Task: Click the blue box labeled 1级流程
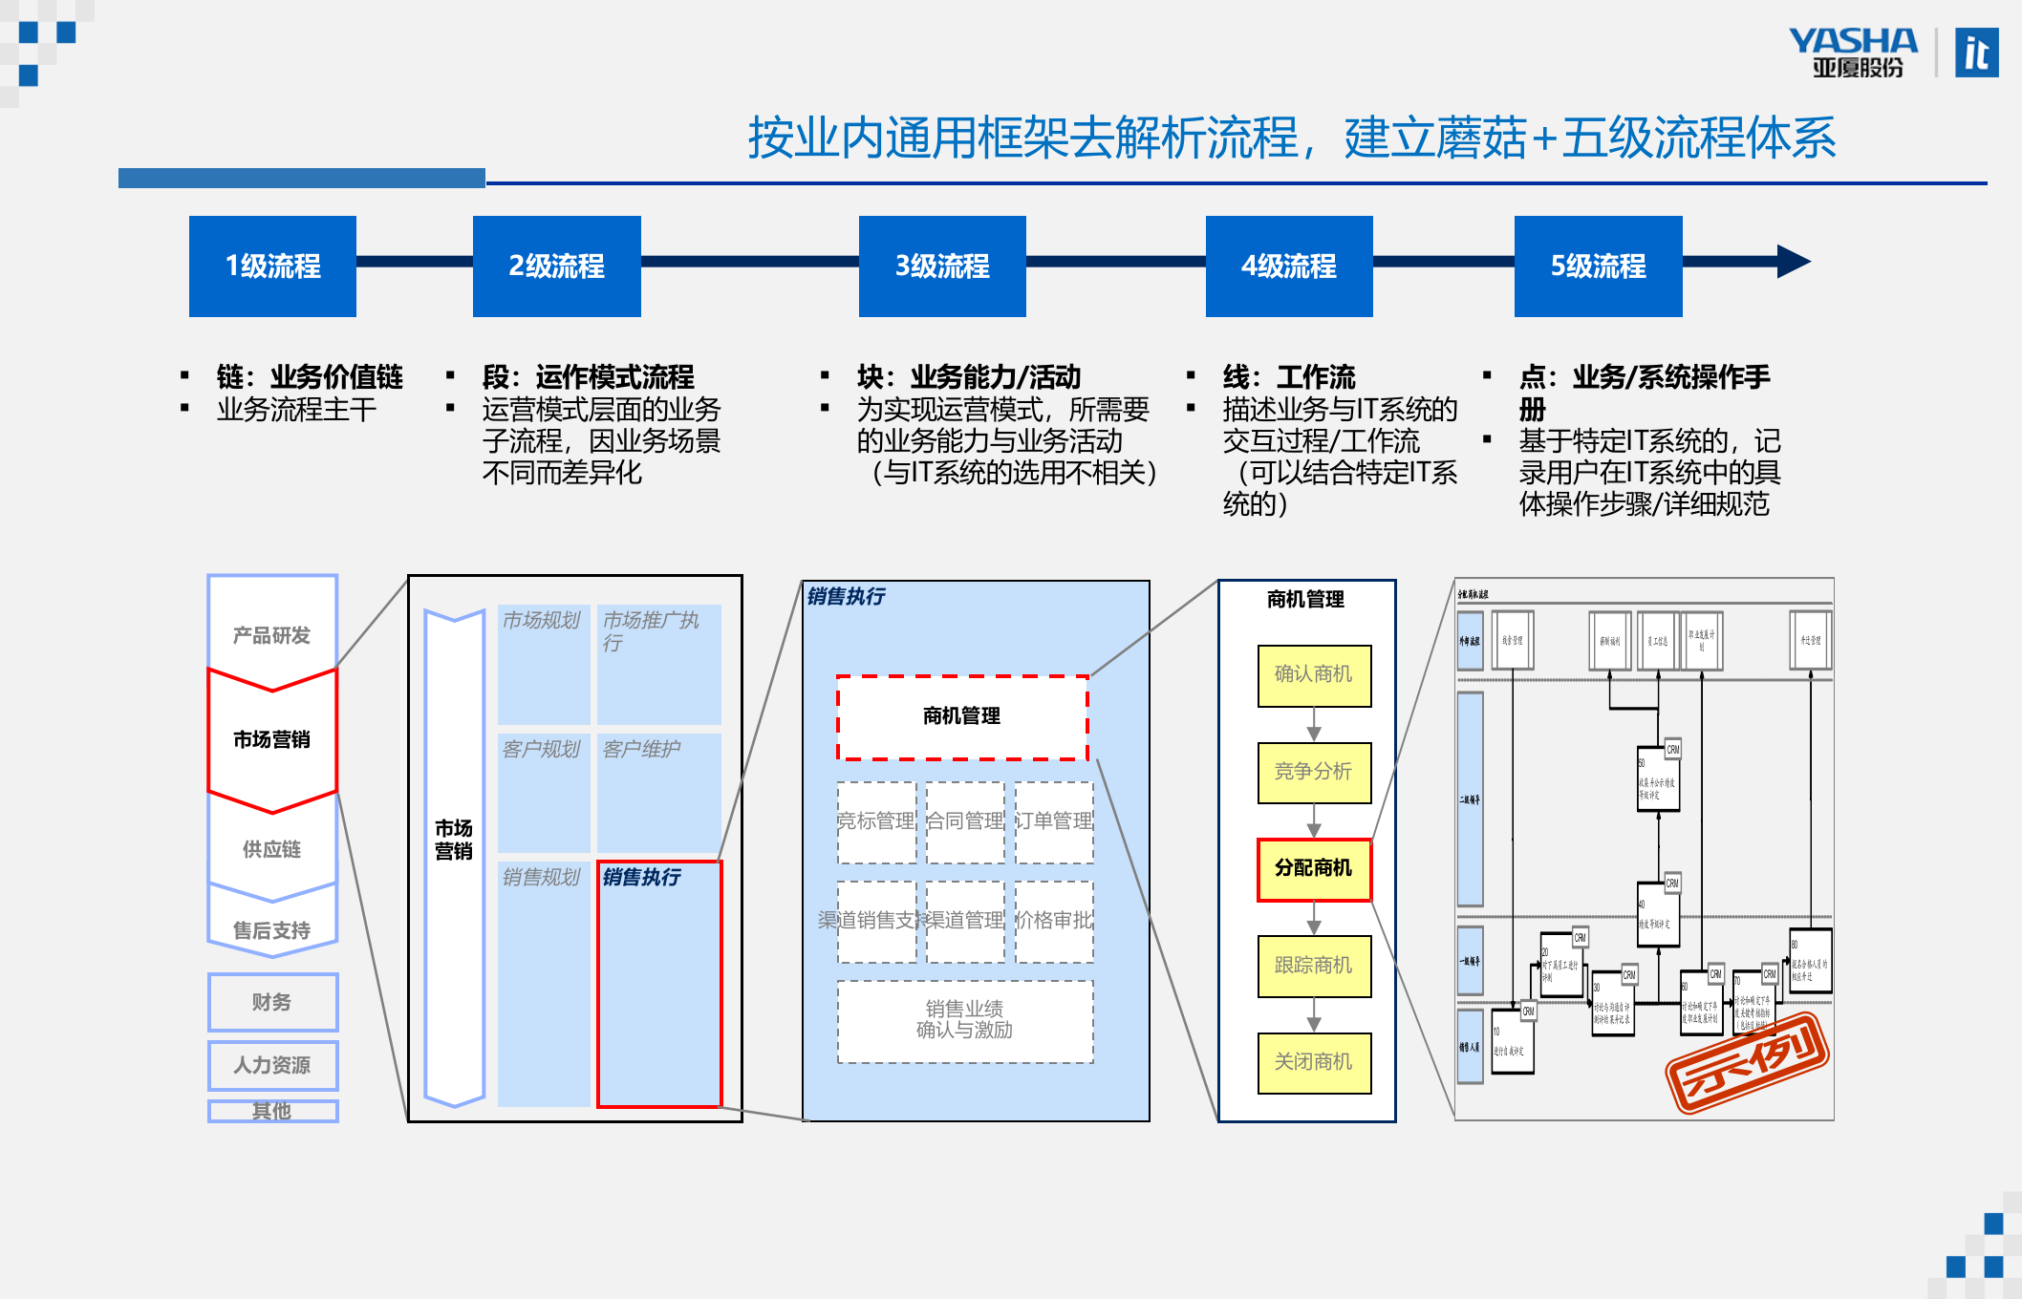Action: (x=272, y=266)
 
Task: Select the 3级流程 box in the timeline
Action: (x=942, y=266)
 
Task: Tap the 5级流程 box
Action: (x=1598, y=266)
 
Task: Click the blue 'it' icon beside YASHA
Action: (x=1976, y=53)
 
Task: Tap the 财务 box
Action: (x=272, y=1002)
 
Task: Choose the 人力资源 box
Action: (x=272, y=1065)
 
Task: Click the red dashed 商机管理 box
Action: (x=962, y=716)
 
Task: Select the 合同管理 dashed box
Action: (x=965, y=821)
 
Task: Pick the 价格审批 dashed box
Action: (x=1054, y=921)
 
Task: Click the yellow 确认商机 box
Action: (x=1314, y=675)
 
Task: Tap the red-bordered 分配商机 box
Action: (x=1314, y=869)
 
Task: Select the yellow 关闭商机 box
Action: (x=1314, y=1062)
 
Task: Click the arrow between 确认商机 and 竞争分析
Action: (x=1314, y=725)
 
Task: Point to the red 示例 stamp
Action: (x=1747, y=1062)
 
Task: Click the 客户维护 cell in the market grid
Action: (x=658, y=791)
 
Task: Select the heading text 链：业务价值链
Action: (x=310, y=376)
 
